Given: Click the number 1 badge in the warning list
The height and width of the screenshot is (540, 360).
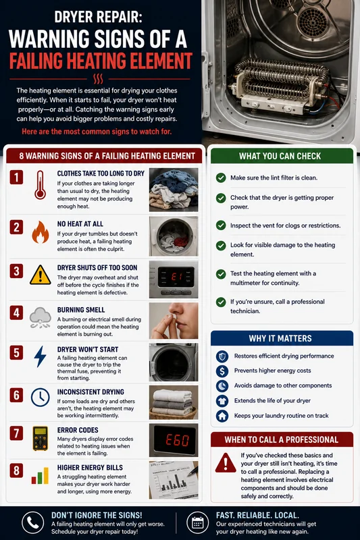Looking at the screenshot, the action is pyautogui.click(x=16, y=178).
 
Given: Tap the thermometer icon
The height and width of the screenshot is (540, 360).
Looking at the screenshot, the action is pyautogui.click(x=40, y=185).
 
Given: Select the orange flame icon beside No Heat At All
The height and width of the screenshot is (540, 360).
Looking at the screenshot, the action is pyautogui.click(x=41, y=232).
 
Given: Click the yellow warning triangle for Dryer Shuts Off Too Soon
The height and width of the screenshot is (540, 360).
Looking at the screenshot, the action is pyautogui.click(x=41, y=275).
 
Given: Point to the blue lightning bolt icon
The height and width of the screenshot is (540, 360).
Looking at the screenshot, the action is pyautogui.click(x=40, y=356).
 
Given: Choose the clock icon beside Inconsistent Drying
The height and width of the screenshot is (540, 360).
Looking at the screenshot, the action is pyautogui.click(x=41, y=397).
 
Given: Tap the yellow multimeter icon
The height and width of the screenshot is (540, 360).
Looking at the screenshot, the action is pyautogui.click(x=41, y=438).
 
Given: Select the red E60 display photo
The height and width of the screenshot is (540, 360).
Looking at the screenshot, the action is pyautogui.click(x=174, y=440).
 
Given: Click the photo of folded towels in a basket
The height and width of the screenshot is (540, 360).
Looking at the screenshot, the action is pyautogui.click(x=174, y=402).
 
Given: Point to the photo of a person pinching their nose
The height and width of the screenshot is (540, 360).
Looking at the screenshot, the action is pyautogui.click(x=174, y=321).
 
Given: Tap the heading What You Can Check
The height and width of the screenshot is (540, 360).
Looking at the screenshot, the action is pyautogui.click(x=280, y=156).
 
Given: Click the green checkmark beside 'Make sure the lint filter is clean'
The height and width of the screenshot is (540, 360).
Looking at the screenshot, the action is pyautogui.click(x=221, y=178).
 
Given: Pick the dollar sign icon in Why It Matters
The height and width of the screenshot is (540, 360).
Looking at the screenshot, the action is pyautogui.click(x=222, y=371).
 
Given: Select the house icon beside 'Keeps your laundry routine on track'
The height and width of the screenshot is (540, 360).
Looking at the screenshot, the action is pyautogui.click(x=222, y=416).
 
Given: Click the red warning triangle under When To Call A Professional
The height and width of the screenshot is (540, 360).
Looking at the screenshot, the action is pyautogui.click(x=226, y=462).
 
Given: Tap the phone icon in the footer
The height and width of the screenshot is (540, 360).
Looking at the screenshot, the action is pyautogui.click(x=32, y=522).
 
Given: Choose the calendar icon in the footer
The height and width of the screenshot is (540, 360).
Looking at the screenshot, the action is pyautogui.click(x=197, y=522).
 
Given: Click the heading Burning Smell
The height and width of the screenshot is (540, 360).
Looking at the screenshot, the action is pyautogui.click(x=81, y=310).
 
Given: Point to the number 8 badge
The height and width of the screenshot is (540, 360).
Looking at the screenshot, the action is pyautogui.click(x=16, y=470).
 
